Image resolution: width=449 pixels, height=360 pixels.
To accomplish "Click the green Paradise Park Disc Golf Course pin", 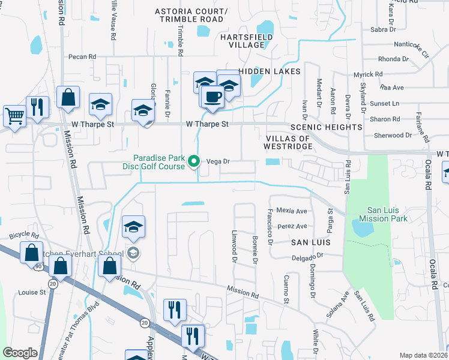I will (194, 161).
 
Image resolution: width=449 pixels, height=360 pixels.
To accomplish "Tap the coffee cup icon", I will (211, 96).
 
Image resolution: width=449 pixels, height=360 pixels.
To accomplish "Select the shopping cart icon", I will (14, 115).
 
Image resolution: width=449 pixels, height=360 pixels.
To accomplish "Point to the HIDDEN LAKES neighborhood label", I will (270, 71).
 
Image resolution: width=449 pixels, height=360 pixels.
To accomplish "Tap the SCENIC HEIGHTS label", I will (326, 127).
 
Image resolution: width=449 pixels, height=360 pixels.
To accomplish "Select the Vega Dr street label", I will (218, 161).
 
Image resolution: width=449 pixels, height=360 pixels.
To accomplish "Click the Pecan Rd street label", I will (82, 56).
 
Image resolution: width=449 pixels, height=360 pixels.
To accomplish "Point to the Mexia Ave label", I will (292, 211).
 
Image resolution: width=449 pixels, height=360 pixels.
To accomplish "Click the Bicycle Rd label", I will (23, 235).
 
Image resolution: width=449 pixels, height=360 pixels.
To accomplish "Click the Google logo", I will (20, 353).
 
